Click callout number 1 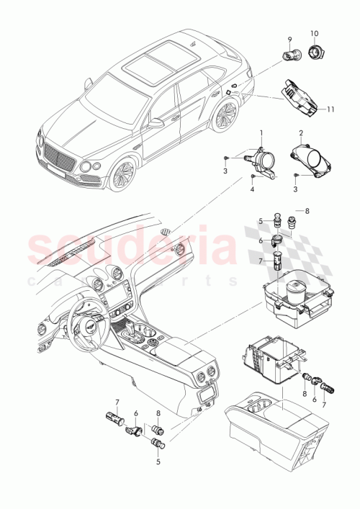[261, 134]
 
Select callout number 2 [302, 134]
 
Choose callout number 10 [313, 35]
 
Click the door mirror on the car [156, 124]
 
